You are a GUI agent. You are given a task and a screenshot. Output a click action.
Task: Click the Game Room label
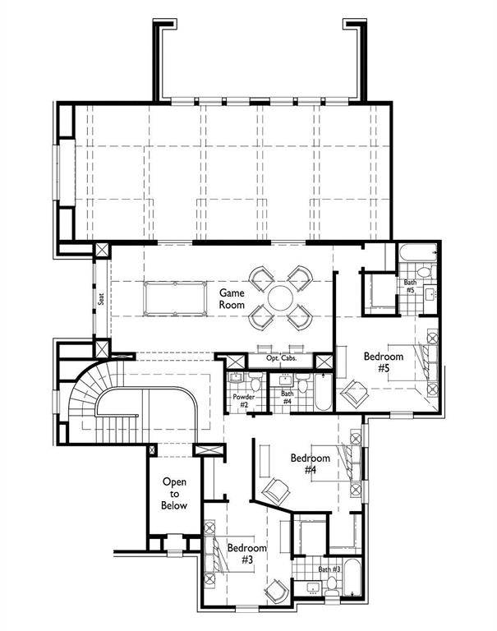(232, 298)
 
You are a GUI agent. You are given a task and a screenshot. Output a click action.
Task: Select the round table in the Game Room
(281, 297)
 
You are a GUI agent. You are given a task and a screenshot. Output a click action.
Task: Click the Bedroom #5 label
(383, 362)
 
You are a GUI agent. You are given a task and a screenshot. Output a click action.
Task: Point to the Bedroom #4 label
(310, 463)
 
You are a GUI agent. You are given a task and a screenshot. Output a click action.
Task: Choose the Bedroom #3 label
(246, 553)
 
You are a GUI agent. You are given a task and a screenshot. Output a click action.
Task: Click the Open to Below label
(174, 494)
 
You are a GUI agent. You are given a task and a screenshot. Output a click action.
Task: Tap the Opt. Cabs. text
(275, 360)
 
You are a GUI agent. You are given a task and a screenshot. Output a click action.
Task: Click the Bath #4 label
(288, 398)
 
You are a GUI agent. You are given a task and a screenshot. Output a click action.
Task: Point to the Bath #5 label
(408, 288)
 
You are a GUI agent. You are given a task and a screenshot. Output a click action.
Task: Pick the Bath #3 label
(329, 569)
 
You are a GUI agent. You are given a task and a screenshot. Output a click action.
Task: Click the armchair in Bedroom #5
(354, 394)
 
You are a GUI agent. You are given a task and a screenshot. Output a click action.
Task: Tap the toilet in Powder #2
(255, 384)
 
